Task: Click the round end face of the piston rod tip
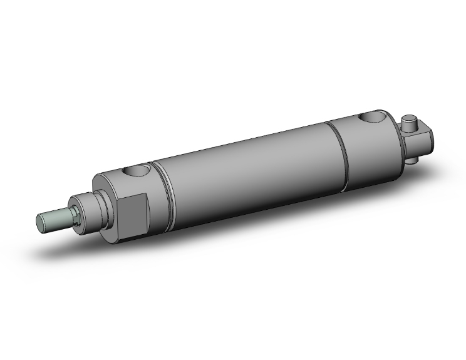point(39,222)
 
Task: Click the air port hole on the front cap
point(138,170)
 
